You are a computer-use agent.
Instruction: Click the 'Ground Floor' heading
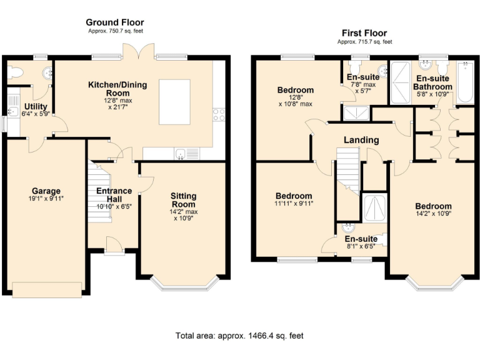pyautogui.click(x=114, y=22)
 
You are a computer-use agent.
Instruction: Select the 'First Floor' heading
pyautogui.click(x=364, y=33)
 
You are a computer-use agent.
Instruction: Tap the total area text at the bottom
pyautogui.click(x=239, y=336)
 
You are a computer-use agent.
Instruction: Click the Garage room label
pyautogui.click(x=46, y=191)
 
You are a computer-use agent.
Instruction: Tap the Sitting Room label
pyautogui.click(x=183, y=200)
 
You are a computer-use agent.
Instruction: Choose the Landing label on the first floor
pyautogui.click(x=361, y=140)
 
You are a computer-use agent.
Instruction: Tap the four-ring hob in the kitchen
pyautogui.click(x=219, y=114)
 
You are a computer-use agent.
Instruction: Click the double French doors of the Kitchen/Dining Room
pyautogui.click(x=137, y=53)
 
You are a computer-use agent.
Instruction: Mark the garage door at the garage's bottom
pyautogui.click(x=46, y=289)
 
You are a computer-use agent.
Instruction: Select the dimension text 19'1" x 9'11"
pyautogui.click(x=46, y=199)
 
